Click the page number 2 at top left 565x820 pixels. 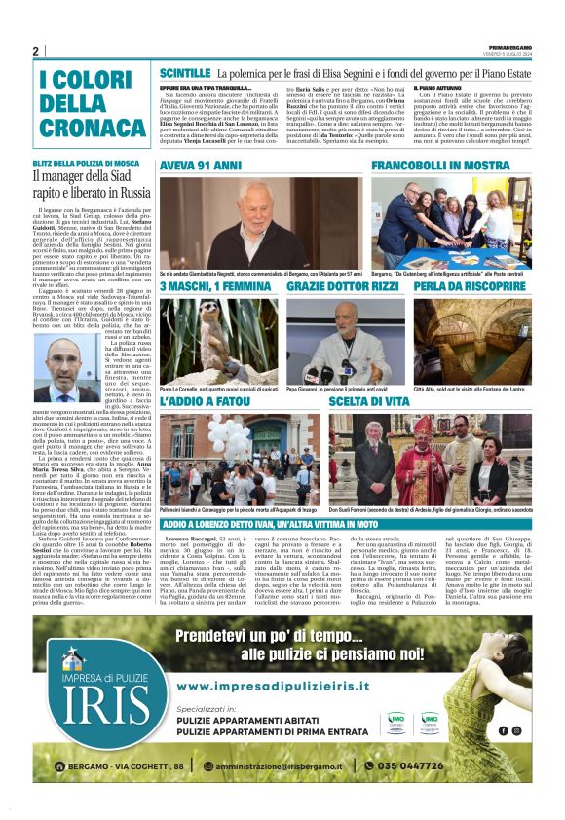36,51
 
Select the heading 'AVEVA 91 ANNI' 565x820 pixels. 200,166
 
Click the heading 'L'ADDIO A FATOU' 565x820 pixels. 201,401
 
